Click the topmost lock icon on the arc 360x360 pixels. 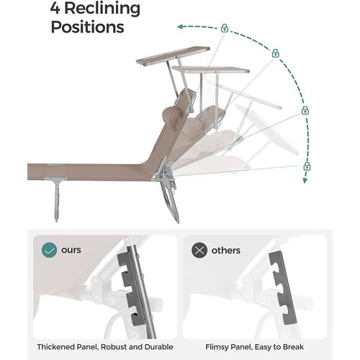tap(225, 28)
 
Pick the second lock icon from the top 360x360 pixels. tap(275, 53)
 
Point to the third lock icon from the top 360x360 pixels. tap(305, 111)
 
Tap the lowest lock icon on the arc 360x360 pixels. tap(307, 166)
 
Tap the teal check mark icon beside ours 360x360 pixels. tap(48, 251)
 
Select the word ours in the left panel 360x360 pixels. tap(71, 251)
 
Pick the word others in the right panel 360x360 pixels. tap(226, 251)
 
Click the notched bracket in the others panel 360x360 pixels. tap(280, 288)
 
